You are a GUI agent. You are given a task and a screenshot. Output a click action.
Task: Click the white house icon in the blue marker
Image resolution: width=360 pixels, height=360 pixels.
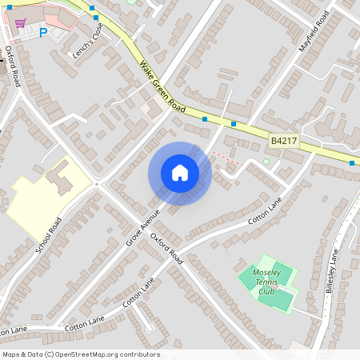pos(180,173)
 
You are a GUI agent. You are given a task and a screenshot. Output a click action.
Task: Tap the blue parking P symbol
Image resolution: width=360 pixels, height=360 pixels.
pos(43,33)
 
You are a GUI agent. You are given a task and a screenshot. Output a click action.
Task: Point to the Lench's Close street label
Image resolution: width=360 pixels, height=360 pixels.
pos(87,41)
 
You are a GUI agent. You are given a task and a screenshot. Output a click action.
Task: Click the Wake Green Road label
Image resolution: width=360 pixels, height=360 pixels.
pos(162,87)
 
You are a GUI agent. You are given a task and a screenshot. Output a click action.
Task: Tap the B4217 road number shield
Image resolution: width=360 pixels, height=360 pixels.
pos(284,140)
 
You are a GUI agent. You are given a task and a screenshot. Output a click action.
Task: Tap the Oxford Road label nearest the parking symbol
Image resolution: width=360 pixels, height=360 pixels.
pos(13,66)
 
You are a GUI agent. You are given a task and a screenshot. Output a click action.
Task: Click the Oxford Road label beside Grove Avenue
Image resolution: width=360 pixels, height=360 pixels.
pos(169,250)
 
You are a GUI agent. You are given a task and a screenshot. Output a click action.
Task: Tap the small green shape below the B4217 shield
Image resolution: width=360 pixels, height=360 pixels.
pos(266,162)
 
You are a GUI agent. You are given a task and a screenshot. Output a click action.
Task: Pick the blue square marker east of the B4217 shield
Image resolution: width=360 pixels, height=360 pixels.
pos(352,163)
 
